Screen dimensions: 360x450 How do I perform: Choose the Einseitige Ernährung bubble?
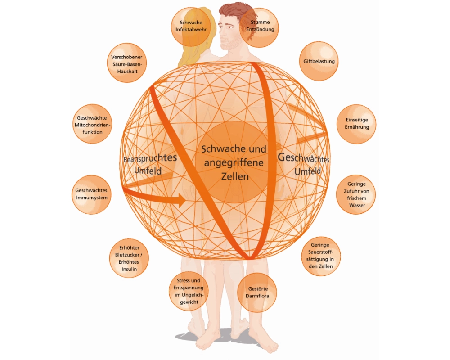[x=356, y=124]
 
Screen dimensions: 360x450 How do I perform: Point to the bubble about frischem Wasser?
[x=356, y=194]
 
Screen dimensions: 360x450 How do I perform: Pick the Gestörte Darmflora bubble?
[x=256, y=292]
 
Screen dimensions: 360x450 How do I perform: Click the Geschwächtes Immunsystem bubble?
[x=91, y=194]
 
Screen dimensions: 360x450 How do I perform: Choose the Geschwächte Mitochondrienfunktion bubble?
[x=92, y=125]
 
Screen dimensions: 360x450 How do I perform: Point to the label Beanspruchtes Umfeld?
[x=150, y=165]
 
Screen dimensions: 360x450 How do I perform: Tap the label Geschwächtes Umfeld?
[x=304, y=164]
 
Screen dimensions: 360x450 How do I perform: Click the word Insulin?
[x=129, y=269]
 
